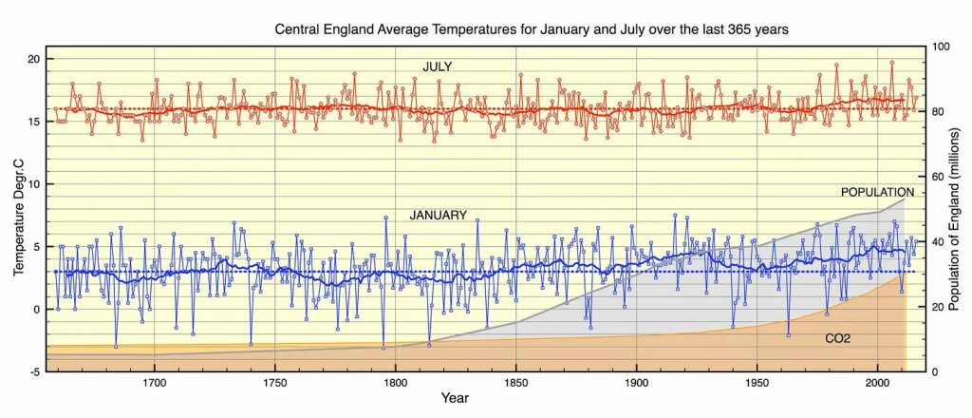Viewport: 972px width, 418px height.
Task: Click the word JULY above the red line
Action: (x=438, y=66)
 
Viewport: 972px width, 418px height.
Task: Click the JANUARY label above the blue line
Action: (x=438, y=216)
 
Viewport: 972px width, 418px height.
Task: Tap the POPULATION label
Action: (x=877, y=193)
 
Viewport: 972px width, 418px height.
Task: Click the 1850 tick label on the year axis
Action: (x=515, y=383)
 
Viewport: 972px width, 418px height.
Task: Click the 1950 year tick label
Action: (x=757, y=383)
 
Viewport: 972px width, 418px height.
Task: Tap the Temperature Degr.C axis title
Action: (x=18, y=215)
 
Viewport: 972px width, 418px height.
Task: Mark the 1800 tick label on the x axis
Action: (x=395, y=383)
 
